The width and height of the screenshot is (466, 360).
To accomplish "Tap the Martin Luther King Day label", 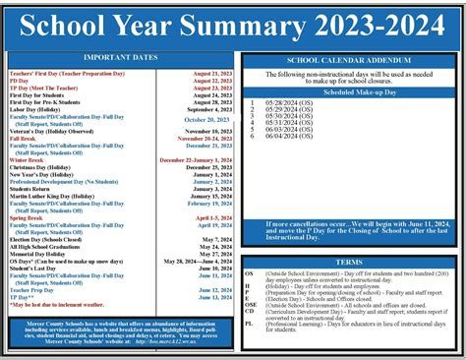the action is click(52, 196).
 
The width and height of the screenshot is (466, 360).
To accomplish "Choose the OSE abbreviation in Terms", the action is click(250, 305).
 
